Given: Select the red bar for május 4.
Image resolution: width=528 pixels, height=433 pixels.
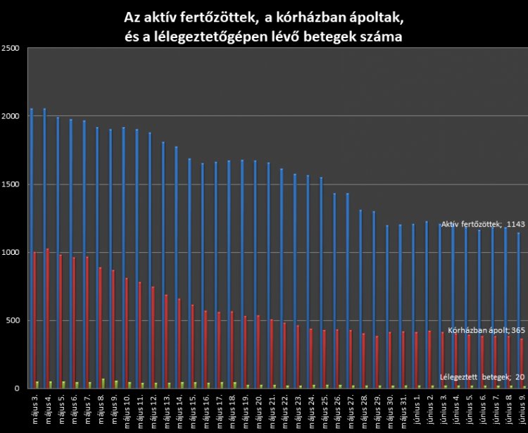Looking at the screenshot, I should [47, 318].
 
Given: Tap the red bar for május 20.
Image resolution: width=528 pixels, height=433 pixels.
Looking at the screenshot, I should [258, 351].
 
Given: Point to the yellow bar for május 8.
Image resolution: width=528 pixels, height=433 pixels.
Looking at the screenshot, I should [103, 384].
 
